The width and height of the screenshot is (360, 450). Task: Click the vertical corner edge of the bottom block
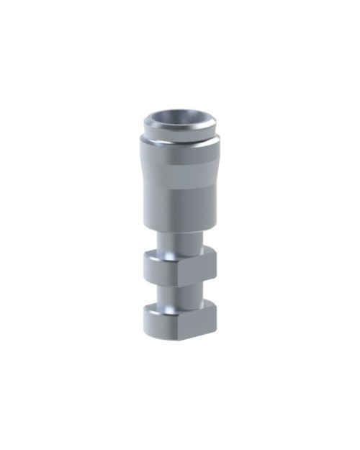(x=180, y=323)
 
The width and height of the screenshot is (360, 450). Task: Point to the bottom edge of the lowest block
(x=179, y=336)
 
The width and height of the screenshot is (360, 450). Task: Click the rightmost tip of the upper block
(x=217, y=262)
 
